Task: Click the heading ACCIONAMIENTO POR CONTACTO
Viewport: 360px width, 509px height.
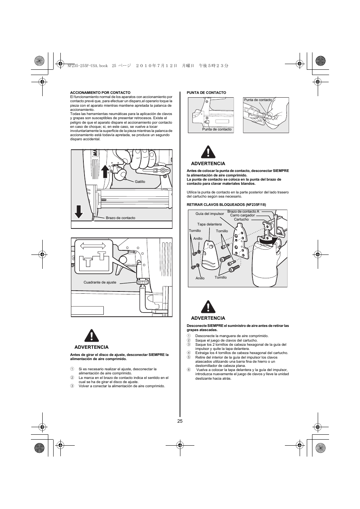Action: [x=100, y=92]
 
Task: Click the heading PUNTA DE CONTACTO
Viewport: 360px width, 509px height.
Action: [x=206, y=92]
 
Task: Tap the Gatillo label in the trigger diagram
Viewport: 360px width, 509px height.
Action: [x=140, y=182]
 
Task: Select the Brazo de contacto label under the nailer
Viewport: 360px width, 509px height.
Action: [x=120, y=218]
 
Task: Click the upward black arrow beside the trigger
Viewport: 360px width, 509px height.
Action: [x=106, y=172]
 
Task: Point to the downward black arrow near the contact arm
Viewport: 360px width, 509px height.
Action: [x=78, y=212]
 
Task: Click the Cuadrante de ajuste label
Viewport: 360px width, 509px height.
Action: [x=100, y=282]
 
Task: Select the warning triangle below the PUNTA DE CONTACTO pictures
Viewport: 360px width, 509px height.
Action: [x=208, y=152]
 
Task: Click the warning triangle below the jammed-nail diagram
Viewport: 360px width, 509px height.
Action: [x=208, y=307]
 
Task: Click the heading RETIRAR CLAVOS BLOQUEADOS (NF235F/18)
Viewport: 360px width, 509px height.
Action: [x=226, y=205]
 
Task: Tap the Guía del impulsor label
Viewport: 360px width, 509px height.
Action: [x=210, y=214]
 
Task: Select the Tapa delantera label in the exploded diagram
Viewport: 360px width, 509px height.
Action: [x=209, y=224]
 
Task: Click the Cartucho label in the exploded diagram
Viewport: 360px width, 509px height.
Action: [x=241, y=219]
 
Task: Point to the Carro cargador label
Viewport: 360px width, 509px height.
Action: [x=242, y=215]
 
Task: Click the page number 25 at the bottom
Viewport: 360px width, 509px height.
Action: [x=180, y=421]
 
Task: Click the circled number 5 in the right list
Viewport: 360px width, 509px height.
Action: [x=189, y=357]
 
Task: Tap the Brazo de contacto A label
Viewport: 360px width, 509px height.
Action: [x=243, y=212]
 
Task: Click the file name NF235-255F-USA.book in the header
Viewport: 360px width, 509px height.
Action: [x=88, y=65]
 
